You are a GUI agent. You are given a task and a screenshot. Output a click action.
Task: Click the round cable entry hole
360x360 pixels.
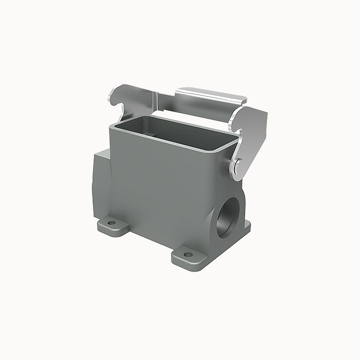(x=227, y=216)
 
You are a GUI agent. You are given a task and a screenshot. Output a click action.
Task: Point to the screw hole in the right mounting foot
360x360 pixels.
(x=188, y=254)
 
